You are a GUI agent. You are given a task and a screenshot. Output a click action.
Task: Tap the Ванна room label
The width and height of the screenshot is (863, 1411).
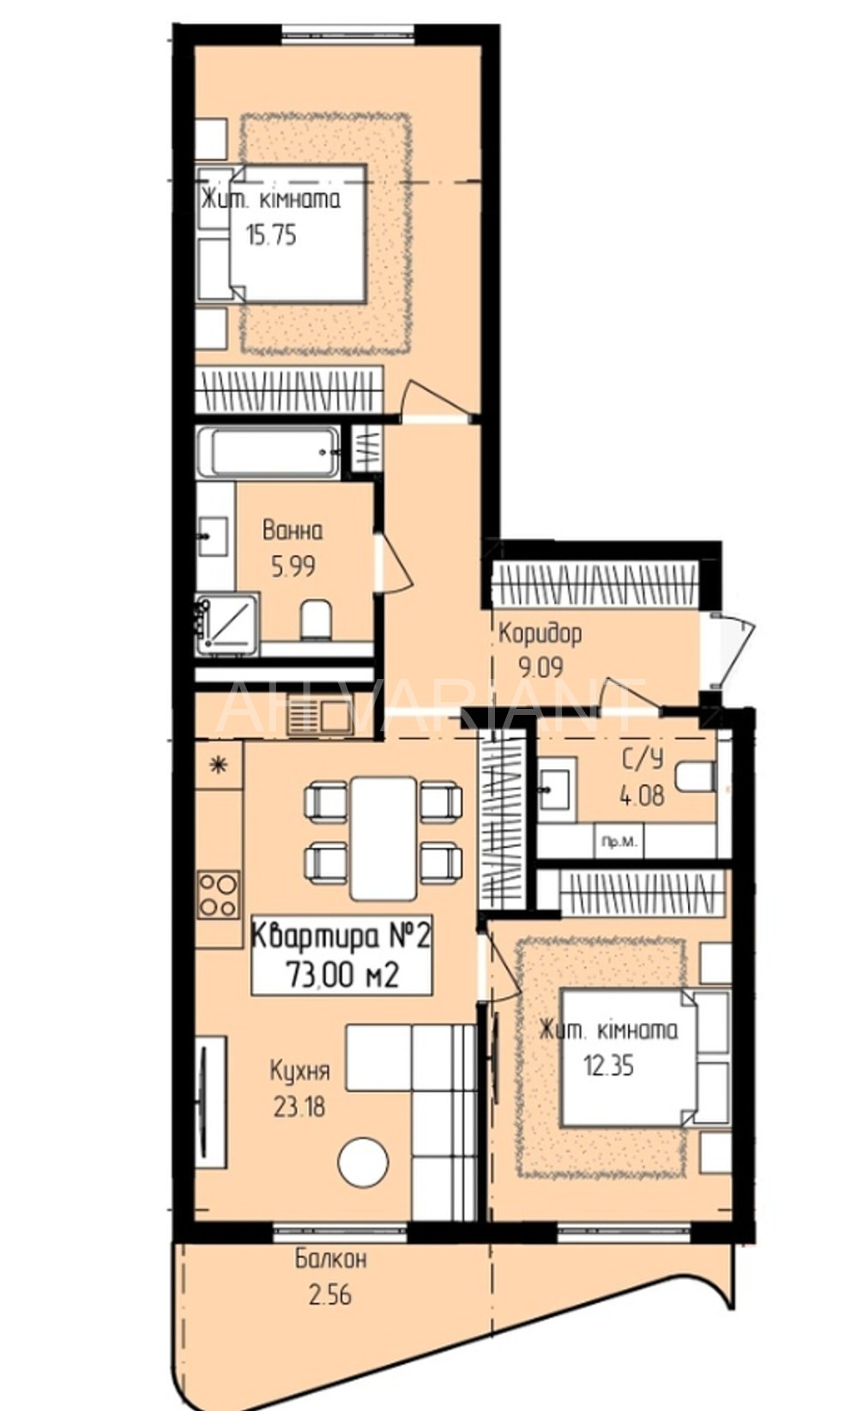coord(292,530)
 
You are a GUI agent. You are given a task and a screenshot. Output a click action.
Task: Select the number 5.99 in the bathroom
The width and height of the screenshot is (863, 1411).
coord(293,567)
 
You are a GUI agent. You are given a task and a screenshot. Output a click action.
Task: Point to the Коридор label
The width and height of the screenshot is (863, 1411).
coord(540,633)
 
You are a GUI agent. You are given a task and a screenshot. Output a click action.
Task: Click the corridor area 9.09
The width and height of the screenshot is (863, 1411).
coord(540,667)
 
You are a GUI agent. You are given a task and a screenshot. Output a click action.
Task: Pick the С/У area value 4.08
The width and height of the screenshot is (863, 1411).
coord(642,796)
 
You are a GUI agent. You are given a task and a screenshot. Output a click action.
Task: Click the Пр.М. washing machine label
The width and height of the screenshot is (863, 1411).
coord(619,841)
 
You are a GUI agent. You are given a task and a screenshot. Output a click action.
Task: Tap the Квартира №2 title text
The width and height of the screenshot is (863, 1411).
coord(341,936)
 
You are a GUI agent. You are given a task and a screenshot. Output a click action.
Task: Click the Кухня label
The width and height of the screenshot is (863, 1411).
coord(299,1070)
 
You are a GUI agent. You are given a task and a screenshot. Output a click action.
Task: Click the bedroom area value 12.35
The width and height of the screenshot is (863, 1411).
coord(609,1066)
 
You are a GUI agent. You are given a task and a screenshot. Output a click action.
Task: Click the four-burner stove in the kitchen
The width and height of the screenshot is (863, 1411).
coord(219,894)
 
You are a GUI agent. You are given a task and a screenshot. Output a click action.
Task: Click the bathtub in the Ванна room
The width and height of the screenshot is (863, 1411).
coord(269,451)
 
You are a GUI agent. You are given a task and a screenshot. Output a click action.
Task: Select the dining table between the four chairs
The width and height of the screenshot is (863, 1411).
coord(383,839)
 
